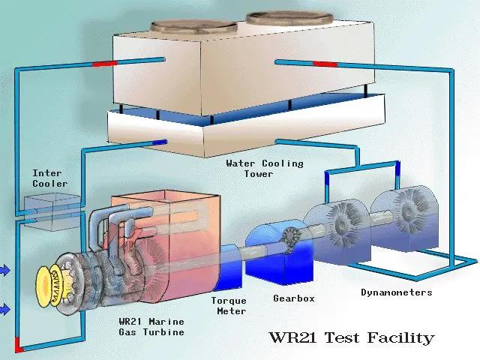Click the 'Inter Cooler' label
[x=50, y=178]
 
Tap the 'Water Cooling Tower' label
[x=265, y=169]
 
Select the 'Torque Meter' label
[x=229, y=306]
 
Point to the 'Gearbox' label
[x=294, y=298]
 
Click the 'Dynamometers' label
[x=397, y=292]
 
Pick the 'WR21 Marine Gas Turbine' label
[x=151, y=327]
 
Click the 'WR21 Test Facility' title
[x=352, y=337]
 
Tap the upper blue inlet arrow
[x=4, y=271]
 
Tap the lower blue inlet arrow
[x=4, y=309]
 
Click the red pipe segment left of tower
[x=105, y=64]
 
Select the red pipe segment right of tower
[x=325, y=64]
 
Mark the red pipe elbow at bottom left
[x=19, y=345]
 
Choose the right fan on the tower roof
[x=289, y=18]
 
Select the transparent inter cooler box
[x=52, y=211]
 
